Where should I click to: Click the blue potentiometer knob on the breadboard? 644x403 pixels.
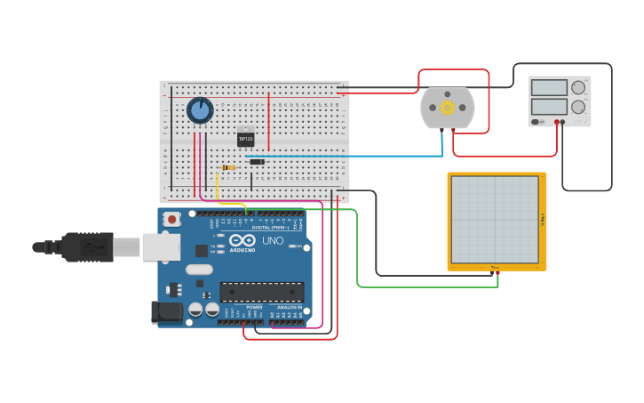click(x=200, y=110)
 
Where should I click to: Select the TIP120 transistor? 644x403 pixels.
click(x=246, y=139)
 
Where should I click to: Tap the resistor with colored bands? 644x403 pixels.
click(x=228, y=167)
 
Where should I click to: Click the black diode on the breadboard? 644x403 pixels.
click(x=257, y=161)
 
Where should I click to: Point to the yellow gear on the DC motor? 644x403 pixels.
click(x=447, y=108)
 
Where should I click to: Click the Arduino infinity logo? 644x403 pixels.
click(x=242, y=240)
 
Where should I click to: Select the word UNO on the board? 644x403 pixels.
click(x=271, y=240)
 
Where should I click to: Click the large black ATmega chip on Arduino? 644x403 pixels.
click(x=262, y=292)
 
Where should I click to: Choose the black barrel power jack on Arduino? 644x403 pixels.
click(x=165, y=312)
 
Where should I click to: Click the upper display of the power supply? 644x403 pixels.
click(x=549, y=87)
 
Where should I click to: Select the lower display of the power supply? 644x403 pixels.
click(x=549, y=106)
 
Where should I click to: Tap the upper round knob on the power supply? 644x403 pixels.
click(x=578, y=87)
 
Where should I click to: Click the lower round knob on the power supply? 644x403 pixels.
click(x=578, y=107)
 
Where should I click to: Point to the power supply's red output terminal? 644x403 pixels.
click(x=557, y=122)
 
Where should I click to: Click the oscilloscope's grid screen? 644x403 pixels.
click(x=495, y=220)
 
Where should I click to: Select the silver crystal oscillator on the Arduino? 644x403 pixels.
click(x=200, y=270)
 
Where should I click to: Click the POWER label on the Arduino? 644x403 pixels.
click(x=242, y=307)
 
